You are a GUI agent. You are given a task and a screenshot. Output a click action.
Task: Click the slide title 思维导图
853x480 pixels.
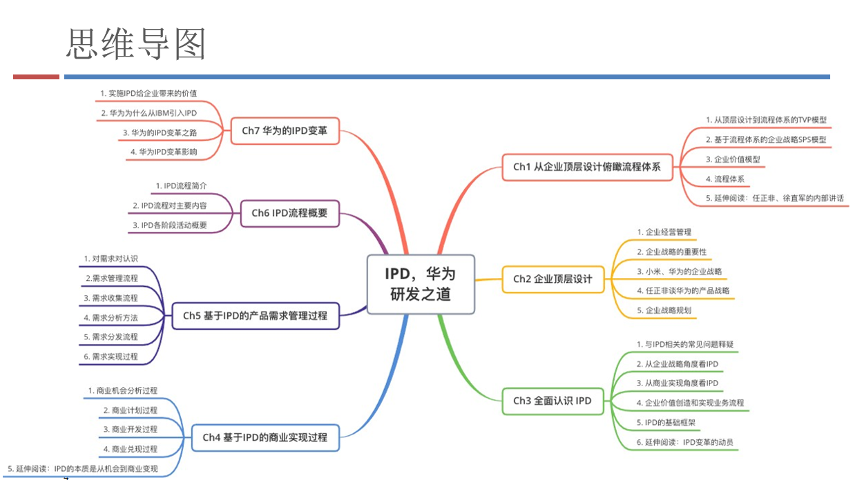click(136, 44)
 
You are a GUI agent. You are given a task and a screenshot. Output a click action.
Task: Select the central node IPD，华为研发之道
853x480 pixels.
click(421, 284)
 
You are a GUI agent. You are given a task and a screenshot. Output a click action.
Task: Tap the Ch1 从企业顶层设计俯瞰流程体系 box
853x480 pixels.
click(587, 167)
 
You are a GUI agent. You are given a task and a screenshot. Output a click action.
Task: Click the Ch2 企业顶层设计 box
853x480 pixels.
click(552, 279)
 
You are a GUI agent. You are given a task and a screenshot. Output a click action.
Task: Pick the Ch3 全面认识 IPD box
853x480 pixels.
click(553, 400)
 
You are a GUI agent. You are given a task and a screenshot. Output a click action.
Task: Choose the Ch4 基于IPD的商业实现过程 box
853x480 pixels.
click(265, 437)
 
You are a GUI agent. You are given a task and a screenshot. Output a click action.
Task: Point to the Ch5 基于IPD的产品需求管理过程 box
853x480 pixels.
click(255, 316)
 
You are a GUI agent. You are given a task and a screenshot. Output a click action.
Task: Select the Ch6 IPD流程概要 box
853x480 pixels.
click(289, 213)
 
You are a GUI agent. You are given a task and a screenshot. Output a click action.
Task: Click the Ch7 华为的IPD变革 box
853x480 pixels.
click(285, 130)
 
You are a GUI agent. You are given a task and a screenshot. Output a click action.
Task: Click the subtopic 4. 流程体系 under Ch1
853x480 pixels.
click(725, 179)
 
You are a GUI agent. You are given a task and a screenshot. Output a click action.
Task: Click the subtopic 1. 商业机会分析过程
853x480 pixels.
click(122, 390)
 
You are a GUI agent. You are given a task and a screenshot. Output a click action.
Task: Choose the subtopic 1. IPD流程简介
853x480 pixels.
click(180, 186)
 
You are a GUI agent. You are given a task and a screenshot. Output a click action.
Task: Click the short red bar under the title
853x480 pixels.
click(36, 77)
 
